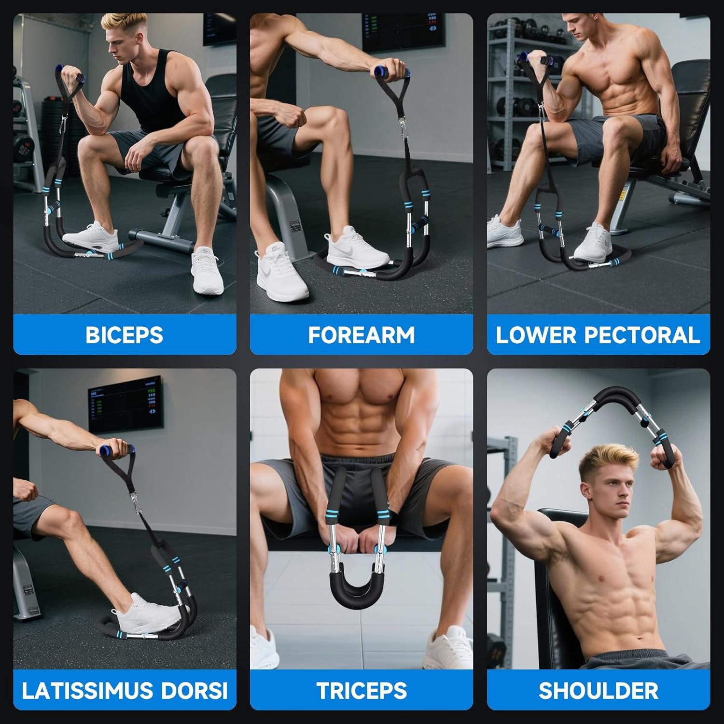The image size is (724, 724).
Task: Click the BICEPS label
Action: point(125,335)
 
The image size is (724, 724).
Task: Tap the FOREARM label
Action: point(362,335)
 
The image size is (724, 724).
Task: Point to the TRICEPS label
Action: point(362,691)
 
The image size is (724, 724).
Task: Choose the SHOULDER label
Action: point(599,691)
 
